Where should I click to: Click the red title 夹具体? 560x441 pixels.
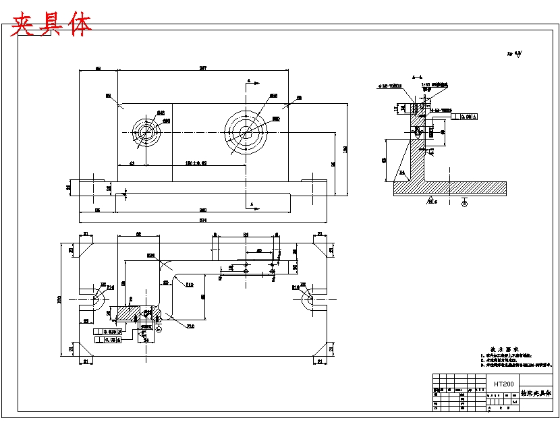[x=51, y=24]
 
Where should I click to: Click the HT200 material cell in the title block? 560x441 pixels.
[x=503, y=384]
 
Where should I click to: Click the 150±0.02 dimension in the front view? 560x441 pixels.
[x=196, y=163]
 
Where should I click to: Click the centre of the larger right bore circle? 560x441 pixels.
[x=246, y=132]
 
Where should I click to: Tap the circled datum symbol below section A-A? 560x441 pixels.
[x=464, y=203]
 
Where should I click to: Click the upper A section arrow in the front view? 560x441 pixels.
[x=250, y=82]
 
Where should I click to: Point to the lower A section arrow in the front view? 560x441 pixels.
[x=251, y=203]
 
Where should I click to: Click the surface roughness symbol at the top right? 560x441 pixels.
[x=515, y=53]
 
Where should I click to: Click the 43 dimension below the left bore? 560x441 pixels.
[x=132, y=163]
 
